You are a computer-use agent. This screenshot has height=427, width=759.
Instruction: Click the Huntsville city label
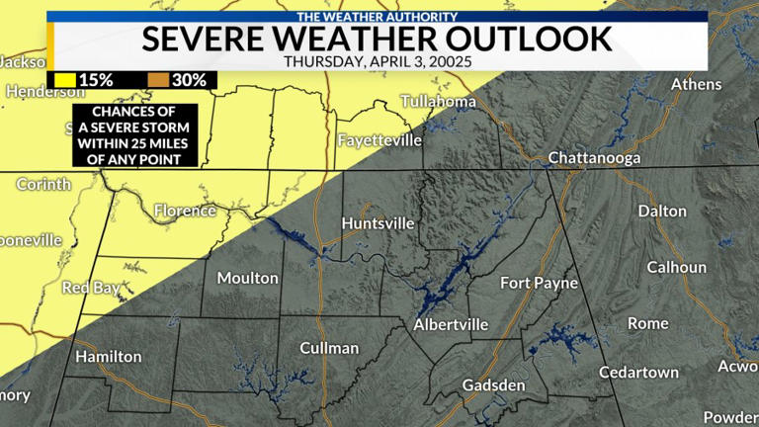(x=378, y=223)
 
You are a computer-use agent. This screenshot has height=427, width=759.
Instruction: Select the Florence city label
(x=186, y=211)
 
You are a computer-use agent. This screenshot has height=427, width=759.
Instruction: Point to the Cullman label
(x=329, y=348)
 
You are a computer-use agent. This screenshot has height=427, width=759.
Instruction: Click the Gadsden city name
(x=493, y=384)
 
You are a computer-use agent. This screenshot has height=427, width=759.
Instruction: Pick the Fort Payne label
(x=539, y=283)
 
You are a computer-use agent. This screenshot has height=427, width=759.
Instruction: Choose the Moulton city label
(x=247, y=278)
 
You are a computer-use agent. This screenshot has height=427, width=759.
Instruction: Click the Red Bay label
(x=91, y=289)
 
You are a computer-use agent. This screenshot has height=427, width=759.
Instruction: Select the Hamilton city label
(x=109, y=356)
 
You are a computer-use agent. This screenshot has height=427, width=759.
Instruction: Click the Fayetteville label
(x=379, y=140)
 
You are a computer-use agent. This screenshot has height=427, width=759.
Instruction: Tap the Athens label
(x=697, y=84)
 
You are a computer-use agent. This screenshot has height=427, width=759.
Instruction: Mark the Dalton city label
(x=662, y=211)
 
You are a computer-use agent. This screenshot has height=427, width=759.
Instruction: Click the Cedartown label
(x=639, y=373)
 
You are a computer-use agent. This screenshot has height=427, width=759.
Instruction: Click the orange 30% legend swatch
(x=158, y=79)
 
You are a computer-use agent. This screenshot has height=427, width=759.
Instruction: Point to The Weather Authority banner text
(x=379, y=16)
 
